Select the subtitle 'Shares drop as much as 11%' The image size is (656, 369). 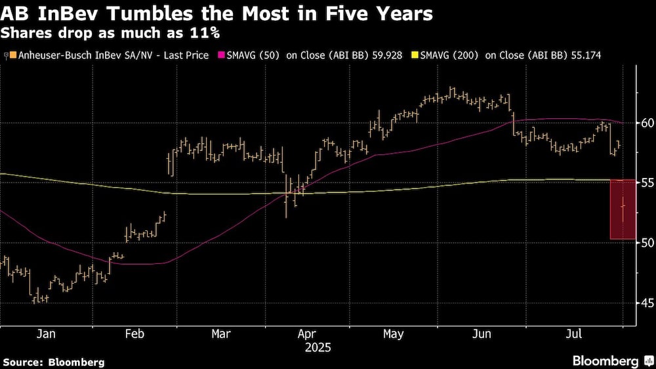point(110,32)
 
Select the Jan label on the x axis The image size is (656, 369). point(46,334)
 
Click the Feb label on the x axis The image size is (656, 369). point(134,334)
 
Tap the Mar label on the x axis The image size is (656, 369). point(221,334)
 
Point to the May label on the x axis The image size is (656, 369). point(393,334)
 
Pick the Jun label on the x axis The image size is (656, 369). point(482,334)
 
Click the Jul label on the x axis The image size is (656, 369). point(573,334)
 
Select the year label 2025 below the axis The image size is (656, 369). point(318,347)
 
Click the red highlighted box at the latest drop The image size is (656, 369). point(623,209)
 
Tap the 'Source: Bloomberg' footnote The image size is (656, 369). point(54,362)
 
